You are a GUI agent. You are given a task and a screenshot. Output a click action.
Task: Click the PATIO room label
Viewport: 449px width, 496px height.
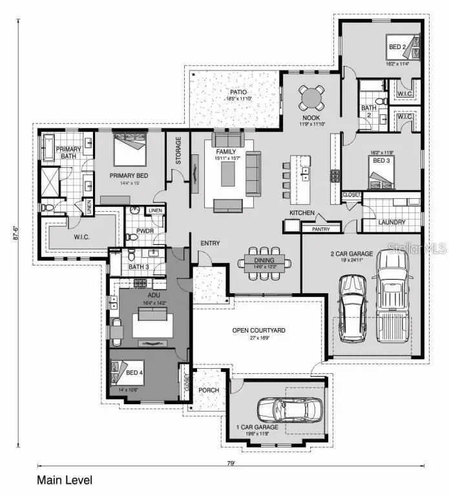pos(235,92)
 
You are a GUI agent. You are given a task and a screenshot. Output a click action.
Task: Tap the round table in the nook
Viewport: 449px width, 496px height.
pos(312,98)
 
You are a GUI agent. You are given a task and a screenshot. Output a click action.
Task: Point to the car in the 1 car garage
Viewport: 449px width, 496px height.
pos(290,409)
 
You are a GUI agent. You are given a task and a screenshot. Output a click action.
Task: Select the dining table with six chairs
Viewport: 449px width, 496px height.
pos(263,262)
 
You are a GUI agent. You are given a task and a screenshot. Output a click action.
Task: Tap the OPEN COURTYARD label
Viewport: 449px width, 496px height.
pos(258,331)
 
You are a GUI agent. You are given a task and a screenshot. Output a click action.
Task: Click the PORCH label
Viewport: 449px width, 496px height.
pos(209,390)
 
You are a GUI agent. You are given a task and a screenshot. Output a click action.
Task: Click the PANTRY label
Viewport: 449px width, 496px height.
pos(321,229)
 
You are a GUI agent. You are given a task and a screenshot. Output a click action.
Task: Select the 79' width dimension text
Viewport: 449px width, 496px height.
pos(231,463)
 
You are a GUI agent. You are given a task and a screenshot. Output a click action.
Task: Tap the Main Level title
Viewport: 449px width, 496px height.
pos(65,480)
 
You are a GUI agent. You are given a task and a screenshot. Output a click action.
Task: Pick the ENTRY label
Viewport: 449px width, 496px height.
pos(210,243)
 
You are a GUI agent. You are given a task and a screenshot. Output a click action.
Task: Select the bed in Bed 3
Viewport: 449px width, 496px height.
pos(377,178)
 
